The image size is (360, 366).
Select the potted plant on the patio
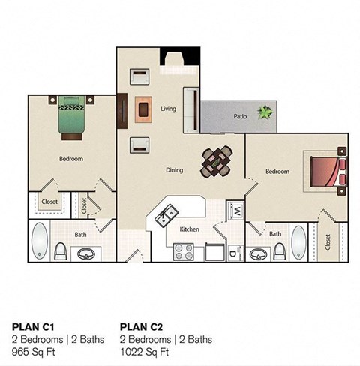click(265, 112)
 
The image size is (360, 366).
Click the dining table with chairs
click(217, 160)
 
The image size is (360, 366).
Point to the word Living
click(168, 109)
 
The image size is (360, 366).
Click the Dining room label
click(174, 170)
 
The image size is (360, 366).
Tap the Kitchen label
click(189, 229)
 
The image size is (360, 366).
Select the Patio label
click(240, 116)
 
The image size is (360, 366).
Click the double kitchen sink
click(166, 215)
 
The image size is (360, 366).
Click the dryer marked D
click(234, 252)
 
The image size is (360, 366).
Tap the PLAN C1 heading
click(33, 326)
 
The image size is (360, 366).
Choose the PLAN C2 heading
click(142, 326)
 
